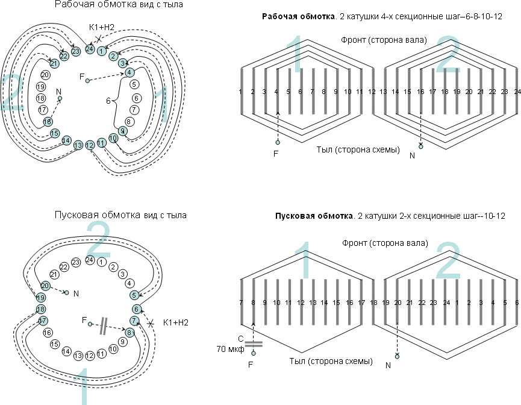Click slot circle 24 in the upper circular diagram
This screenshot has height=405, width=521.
coord(90,49)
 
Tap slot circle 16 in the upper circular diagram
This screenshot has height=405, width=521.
coord(48,122)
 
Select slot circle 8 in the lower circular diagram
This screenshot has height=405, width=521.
coord(129,333)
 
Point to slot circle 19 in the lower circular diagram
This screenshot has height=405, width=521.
coord(41,298)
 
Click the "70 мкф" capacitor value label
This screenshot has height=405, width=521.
coord(230,349)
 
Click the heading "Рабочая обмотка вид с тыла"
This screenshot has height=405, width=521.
coord(119,4)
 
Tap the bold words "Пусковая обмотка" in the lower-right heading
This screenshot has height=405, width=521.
coord(314,216)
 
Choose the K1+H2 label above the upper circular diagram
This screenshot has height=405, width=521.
coord(102,27)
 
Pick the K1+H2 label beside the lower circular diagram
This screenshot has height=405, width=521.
coord(176,322)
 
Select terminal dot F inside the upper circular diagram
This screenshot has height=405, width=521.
coord(88,81)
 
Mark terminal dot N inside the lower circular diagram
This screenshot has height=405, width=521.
coord(66,293)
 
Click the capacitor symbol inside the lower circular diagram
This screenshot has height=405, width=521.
coord(104,326)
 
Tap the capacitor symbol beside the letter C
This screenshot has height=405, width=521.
coord(254,344)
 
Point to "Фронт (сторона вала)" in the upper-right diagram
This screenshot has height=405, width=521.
coord(384,40)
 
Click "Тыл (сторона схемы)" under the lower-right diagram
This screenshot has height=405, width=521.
coord(331,361)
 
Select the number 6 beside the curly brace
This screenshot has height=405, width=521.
coord(108,101)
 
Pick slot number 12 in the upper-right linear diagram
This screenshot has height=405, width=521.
coord(372,92)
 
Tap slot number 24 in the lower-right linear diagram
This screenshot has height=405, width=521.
coord(446,303)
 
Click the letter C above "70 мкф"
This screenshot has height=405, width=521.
coord(241,339)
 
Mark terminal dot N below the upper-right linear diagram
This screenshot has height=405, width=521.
coord(421,146)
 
